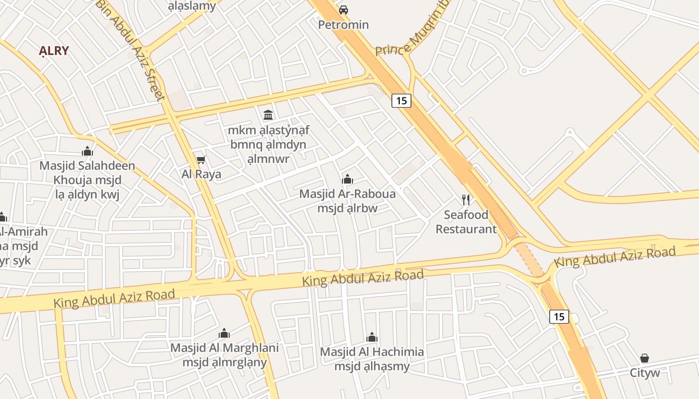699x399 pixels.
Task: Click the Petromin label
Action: (344, 24)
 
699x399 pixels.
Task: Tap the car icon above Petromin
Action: (344, 9)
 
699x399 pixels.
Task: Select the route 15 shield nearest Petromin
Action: (401, 101)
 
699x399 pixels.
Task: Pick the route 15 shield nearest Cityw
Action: (559, 316)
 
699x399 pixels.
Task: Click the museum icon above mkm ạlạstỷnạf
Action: (268, 115)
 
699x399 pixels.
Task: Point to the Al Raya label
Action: (201, 174)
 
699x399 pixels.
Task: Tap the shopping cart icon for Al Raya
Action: (201, 160)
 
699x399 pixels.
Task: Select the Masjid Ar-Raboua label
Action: (348, 194)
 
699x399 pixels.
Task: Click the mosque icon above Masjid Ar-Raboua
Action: (348, 179)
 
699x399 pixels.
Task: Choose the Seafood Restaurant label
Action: (466, 222)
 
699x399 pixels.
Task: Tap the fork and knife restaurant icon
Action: (466, 200)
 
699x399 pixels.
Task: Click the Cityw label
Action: (645, 373)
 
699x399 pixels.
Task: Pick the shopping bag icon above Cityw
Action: (645, 358)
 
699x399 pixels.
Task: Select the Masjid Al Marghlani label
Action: (225, 348)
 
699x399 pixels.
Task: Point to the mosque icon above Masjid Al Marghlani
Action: (225, 333)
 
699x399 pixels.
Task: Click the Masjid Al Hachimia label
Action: (372, 352)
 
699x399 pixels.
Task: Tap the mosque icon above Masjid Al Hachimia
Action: (372, 337)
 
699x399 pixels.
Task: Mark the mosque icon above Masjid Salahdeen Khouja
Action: (87, 151)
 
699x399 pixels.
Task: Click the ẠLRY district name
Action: (54, 51)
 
